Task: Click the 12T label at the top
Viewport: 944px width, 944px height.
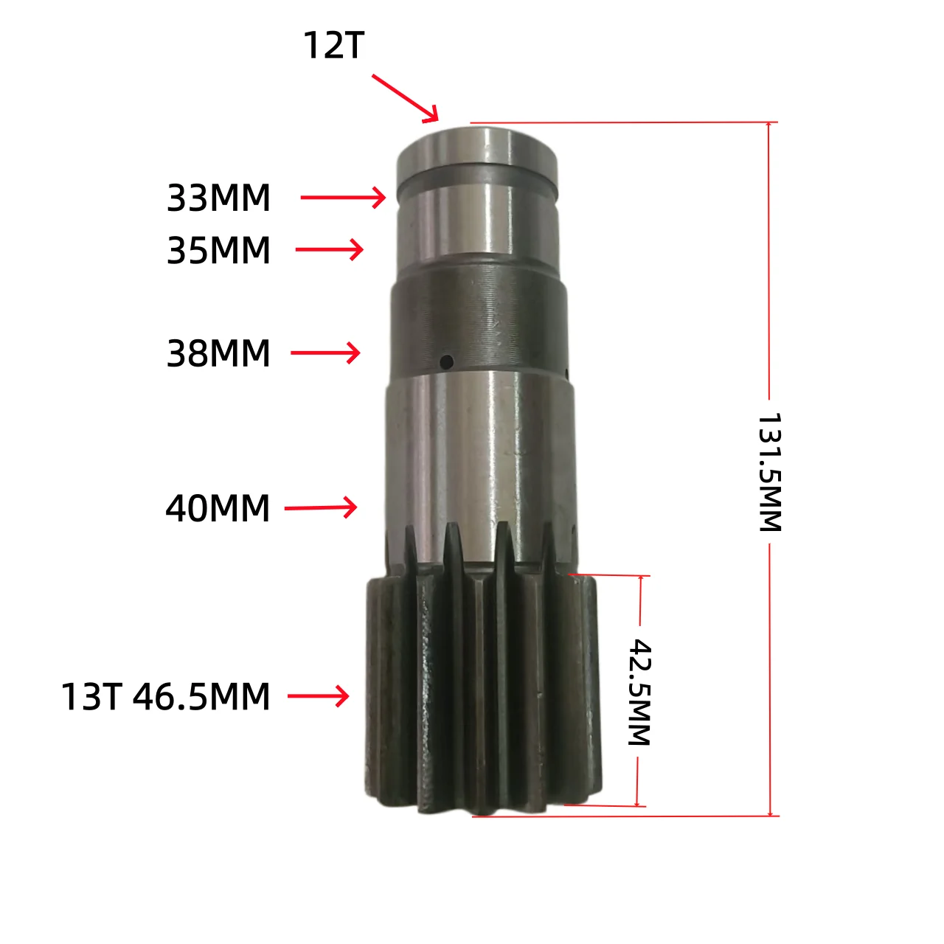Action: [x=333, y=46]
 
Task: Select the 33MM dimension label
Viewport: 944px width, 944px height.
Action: [x=218, y=198]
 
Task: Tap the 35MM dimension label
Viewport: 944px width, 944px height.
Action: [x=218, y=251]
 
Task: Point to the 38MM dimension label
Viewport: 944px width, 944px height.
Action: [x=218, y=353]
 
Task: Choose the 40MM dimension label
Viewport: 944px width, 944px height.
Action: [x=218, y=509]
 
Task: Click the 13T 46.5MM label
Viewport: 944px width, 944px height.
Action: [x=165, y=697]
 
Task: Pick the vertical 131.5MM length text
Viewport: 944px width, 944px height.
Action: [x=769, y=472]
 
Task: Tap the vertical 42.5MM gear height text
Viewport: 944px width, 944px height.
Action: [x=640, y=693]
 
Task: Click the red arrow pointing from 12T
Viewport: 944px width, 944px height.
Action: [x=405, y=97]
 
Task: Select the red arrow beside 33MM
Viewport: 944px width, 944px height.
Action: [x=343, y=198]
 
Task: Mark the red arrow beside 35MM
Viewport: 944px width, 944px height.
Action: [x=330, y=250]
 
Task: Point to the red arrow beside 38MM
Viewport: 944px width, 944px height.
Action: [x=325, y=353]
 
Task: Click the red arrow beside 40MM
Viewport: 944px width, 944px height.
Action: [x=321, y=507]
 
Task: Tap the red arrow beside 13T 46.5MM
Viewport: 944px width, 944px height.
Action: [x=318, y=695]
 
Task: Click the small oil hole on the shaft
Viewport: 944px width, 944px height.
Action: [x=446, y=361]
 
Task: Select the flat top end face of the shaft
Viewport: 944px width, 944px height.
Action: [x=476, y=140]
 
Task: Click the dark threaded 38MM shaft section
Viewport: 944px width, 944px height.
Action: [x=478, y=317]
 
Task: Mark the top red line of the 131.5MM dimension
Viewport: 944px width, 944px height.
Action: [x=619, y=122]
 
